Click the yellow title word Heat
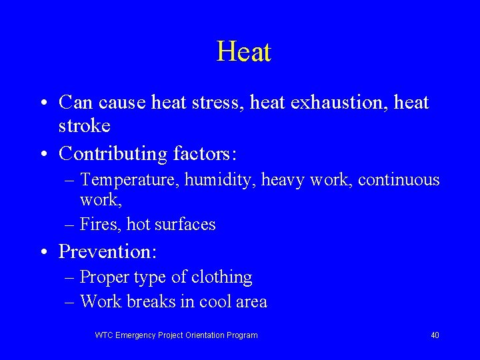(244, 52)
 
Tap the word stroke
(85, 125)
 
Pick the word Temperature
(129, 180)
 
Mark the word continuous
(399, 180)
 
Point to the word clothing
(221, 277)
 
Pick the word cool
(215, 301)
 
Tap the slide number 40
(435, 335)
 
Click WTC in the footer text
(104, 335)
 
